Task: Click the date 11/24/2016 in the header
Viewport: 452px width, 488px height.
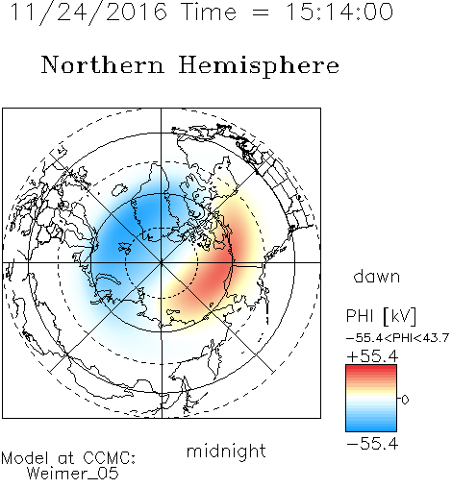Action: point(88,12)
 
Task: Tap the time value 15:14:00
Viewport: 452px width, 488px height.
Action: point(339,12)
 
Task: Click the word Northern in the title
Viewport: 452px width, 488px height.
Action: point(103,64)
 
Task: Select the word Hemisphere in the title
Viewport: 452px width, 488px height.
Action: point(259,66)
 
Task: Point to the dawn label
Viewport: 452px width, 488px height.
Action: point(377,276)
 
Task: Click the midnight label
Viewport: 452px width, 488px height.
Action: point(226,451)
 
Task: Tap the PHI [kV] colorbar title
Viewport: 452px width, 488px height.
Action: point(382,316)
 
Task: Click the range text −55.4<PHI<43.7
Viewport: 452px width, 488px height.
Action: point(397,338)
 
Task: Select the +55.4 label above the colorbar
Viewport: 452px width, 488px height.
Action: point(372,356)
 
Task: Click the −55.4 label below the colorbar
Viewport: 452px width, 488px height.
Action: point(372,444)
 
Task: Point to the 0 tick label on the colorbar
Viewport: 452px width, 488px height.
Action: point(405,400)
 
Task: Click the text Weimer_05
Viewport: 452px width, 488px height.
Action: point(73,473)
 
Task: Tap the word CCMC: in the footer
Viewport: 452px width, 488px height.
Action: point(110,458)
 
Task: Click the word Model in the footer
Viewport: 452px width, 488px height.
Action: point(25,458)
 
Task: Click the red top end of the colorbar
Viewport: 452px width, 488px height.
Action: point(371,367)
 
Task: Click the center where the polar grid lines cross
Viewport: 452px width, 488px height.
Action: point(162,263)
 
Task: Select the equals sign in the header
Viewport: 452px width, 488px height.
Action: point(261,12)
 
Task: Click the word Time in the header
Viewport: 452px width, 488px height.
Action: point(209,12)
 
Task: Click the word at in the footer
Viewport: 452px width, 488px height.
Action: point(65,458)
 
